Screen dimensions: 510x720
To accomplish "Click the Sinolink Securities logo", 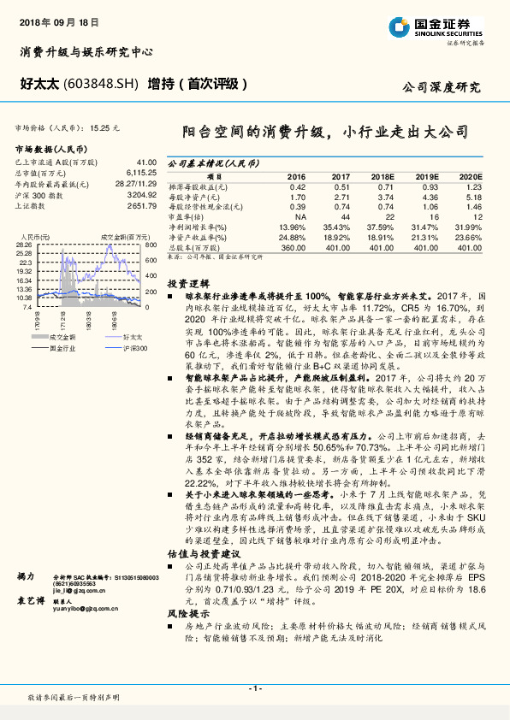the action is coord(436,26).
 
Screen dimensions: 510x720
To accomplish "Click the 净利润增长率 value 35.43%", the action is coord(337,227).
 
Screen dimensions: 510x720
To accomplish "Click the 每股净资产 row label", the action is coord(197,197).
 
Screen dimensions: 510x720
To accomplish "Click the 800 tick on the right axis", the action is coord(148,245).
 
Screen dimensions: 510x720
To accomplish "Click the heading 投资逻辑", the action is coord(185,282).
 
